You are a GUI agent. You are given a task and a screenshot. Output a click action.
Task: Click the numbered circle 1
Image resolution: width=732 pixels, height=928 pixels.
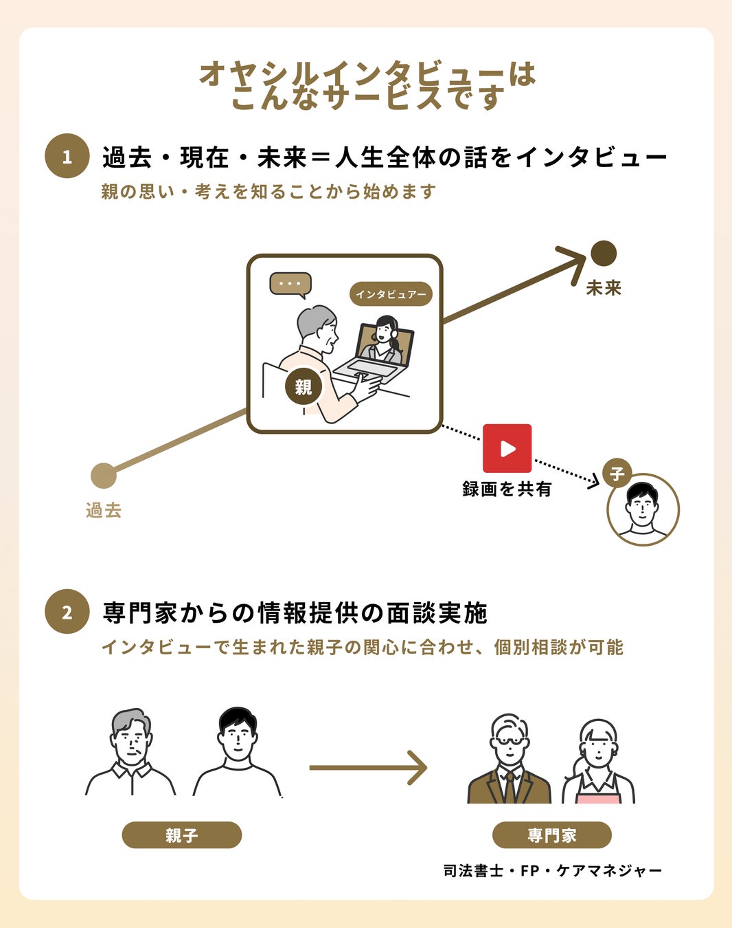67,156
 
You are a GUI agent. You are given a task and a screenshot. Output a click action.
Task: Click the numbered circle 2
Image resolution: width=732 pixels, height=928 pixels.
67,611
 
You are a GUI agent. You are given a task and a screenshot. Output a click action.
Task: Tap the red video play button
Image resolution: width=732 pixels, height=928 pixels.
507,448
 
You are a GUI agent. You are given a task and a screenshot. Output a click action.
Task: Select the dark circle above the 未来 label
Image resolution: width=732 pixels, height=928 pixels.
604,254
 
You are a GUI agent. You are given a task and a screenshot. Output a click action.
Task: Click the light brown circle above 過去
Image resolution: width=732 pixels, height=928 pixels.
104,476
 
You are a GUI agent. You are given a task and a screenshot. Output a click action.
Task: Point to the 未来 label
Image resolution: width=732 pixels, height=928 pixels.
604,287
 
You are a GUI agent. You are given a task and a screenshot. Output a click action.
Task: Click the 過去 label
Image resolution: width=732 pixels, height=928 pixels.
104,510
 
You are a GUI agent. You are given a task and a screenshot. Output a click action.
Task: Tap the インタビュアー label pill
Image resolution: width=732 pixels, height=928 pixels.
391,294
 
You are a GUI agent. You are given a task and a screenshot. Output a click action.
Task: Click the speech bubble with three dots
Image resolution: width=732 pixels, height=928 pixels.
290,284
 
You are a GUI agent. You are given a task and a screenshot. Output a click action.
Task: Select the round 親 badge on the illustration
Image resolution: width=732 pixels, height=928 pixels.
303,387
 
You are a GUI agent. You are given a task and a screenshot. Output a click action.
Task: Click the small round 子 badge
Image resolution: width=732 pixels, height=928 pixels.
617,474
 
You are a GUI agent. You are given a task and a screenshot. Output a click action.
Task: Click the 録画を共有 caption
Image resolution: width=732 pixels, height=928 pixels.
507,489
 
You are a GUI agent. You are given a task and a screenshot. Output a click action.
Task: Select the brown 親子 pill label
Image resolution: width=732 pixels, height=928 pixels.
181,835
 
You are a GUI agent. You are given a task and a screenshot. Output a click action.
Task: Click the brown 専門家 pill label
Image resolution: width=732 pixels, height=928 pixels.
551,835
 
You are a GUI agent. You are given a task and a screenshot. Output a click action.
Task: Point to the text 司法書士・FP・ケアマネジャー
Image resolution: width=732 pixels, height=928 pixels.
552,871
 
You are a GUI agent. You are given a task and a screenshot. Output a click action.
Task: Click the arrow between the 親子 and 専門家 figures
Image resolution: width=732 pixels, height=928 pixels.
368,767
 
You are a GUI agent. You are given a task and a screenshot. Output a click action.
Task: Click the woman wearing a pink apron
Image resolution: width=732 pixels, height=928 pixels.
598,763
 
